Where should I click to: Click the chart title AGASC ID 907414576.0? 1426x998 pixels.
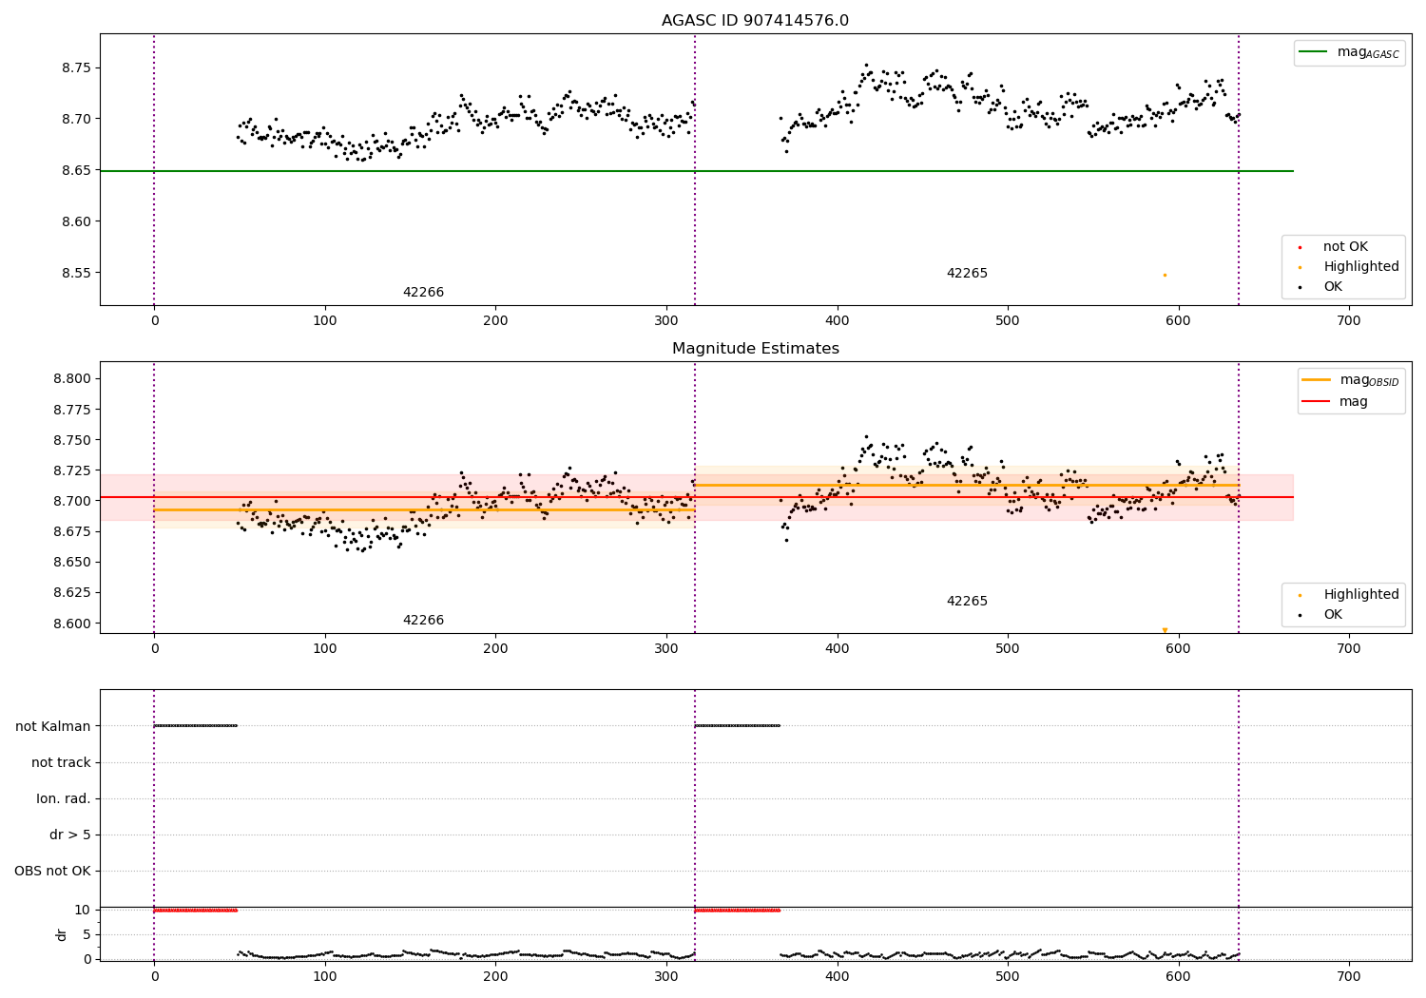(x=755, y=21)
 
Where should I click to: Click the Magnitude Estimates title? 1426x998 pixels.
(x=755, y=349)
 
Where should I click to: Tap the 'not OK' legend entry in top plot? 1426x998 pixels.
(x=1345, y=247)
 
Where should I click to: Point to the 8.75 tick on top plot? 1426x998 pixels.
(x=75, y=67)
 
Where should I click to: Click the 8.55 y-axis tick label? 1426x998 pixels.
(x=75, y=273)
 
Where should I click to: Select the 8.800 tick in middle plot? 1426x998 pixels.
(x=71, y=378)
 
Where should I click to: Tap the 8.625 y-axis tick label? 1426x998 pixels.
(x=71, y=592)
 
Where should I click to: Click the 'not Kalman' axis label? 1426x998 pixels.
(x=53, y=726)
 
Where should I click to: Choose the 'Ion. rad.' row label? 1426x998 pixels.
(x=64, y=798)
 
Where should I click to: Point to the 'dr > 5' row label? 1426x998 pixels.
(x=70, y=835)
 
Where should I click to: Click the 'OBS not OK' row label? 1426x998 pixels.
(x=52, y=871)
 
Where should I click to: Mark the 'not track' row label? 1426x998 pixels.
(x=61, y=762)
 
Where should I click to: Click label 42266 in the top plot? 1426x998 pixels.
(x=423, y=293)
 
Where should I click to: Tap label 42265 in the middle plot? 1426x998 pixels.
(x=967, y=602)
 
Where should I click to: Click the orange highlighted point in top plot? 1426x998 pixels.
(x=1165, y=275)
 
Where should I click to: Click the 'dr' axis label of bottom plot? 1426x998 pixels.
(x=62, y=934)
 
